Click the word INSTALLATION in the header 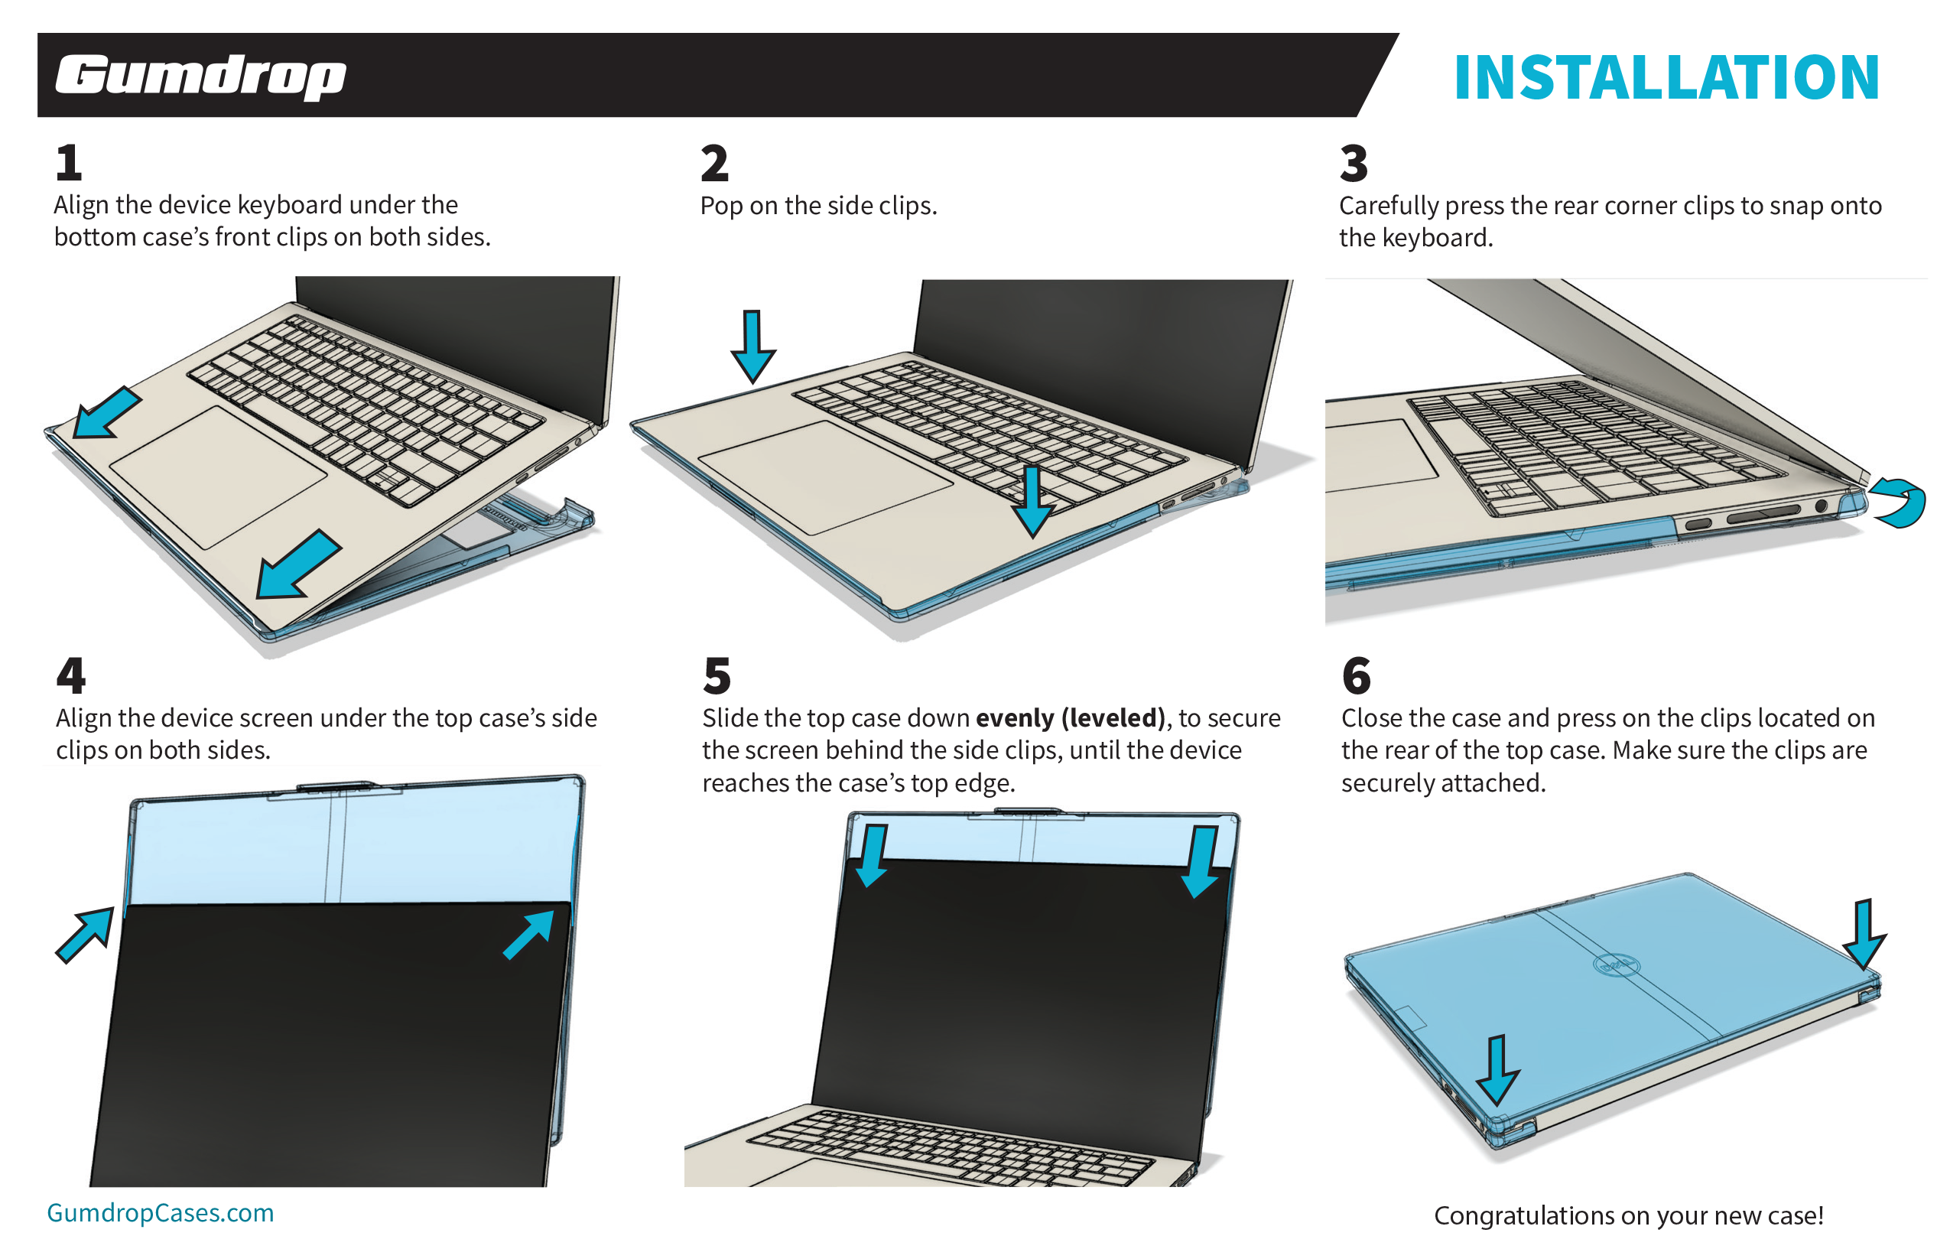click(1666, 78)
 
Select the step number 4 click(71, 675)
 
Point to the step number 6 click(1356, 675)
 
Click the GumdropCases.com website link click(161, 1212)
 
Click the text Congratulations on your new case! click(1628, 1215)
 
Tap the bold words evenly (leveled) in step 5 click(1070, 717)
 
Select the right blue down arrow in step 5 click(1201, 861)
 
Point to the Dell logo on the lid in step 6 click(1616, 965)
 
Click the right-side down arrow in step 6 click(1864, 934)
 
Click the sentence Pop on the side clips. click(818, 206)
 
